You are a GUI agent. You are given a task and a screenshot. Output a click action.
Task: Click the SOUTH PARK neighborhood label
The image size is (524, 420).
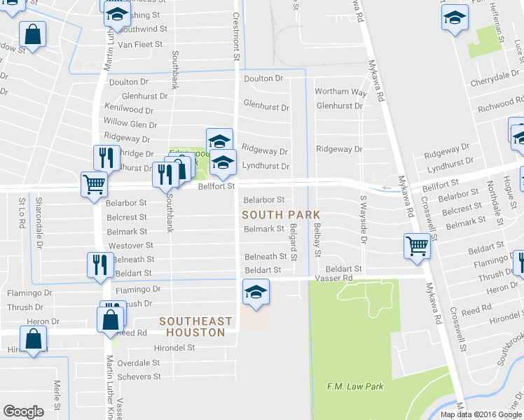[281, 214]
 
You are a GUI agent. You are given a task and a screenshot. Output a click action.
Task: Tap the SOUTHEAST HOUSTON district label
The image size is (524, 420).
[195, 327]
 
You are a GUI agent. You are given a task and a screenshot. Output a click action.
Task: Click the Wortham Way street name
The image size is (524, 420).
[340, 92]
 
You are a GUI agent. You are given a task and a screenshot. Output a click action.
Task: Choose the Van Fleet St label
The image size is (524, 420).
[139, 44]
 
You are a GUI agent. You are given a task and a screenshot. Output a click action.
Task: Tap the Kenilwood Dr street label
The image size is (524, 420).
[128, 110]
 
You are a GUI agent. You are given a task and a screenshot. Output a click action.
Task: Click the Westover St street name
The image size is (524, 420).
[130, 246]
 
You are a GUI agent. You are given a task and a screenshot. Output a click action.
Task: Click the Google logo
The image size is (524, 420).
[23, 412]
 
